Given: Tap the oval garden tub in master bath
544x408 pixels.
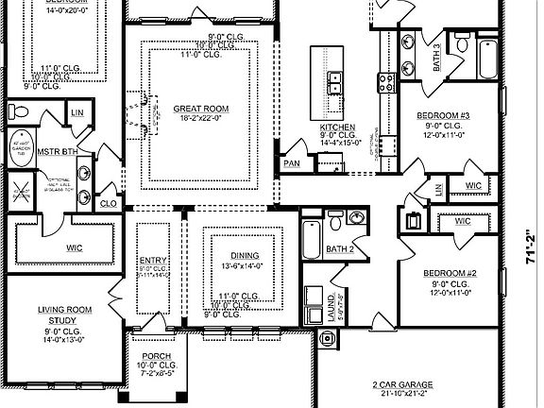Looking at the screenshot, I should [22, 150].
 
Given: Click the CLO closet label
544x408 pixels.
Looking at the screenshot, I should [109, 202].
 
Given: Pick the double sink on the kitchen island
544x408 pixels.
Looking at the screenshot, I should [334, 84].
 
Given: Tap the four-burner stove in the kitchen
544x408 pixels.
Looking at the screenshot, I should [385, 82].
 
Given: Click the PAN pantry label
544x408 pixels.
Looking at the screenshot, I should [292, 163].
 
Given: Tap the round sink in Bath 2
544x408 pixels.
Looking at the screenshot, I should [355, 217].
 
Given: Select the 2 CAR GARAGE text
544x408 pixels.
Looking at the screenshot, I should [403, 385].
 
